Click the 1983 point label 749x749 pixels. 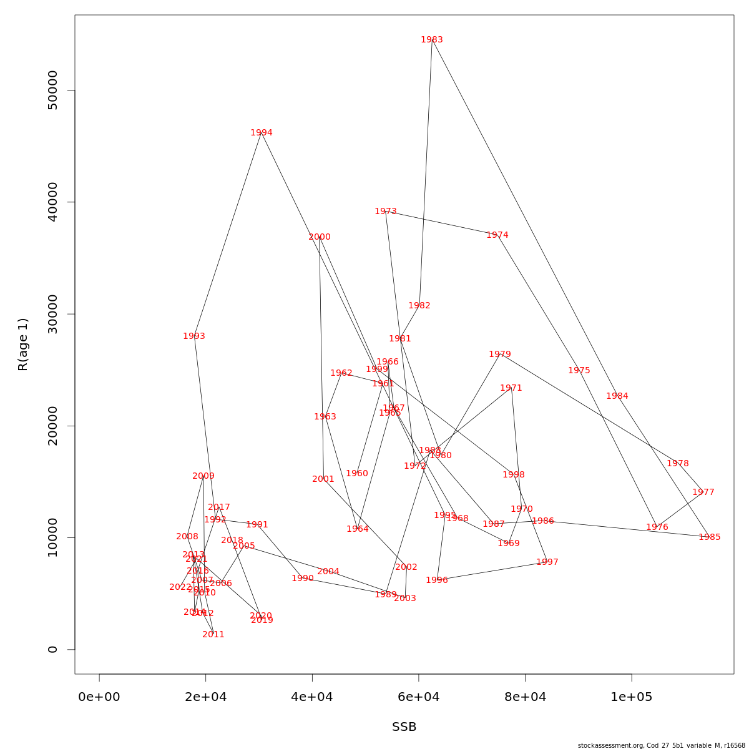pyautogui.click(x=432, y=40)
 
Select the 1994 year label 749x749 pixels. pyautogui.click(x=262, y=133)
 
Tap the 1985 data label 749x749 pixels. pyautogui.click(x=710, y=537)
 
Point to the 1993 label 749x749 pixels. pyautogui.click(x=194, y=336)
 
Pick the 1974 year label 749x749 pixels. pyautogui.click(x=497, y=235)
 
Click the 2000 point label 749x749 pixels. pyautogui.click(x=320, y=237)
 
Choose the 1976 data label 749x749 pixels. pyautogui.click(x=657, y=527)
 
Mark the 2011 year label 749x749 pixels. pyautogui.click(x=213, y=635)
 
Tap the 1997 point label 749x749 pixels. pyautogui.click(x=547, y=562)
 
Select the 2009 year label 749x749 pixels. pyautogui.click(x=203, y=476)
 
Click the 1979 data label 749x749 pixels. pyautogui.click(x=500, y=355)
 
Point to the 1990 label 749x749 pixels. pyautogui.click(x=303, y=579)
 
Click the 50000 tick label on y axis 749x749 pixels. pyautogui.click(x=52, y=91)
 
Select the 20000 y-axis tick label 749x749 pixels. pyautogui.click(x=52, y=426)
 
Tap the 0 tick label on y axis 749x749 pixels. pyautogui.click(x=52, y=649)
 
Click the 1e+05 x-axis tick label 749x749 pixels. pyautogui.click(x=632, y=697)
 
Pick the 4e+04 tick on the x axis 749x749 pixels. pyautogui.click(x=312, y=697)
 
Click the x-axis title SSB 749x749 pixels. pyautogui.click(x=404, y=727)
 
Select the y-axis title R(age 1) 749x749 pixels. pyautogui.click(x=23, y=345)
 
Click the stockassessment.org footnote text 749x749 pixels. pyautogui.click(x=662, y=745)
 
